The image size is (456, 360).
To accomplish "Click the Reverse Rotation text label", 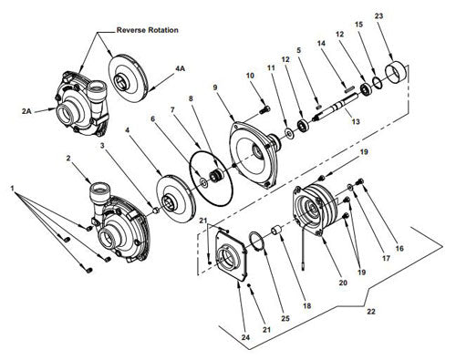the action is (x=148, y=30).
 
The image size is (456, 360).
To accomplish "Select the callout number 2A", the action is (x=26, y=111).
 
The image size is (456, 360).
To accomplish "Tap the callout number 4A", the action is (x=180, y=68).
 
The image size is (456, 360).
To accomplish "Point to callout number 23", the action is (x=378, y=16).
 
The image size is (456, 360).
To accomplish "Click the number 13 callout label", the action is (x=356, y=122).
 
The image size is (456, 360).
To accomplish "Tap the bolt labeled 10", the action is (x=264, y=110).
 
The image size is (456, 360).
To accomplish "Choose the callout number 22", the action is (x=371, y=312).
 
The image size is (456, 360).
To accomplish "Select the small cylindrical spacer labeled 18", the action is (x=277, y=231).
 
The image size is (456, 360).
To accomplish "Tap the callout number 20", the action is (x=343, y=283).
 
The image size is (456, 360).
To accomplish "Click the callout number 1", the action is (x=13, y=189).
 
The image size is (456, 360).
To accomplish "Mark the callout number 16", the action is (x=399, y=249).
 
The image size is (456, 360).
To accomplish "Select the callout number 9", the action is (x=215, y=87).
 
